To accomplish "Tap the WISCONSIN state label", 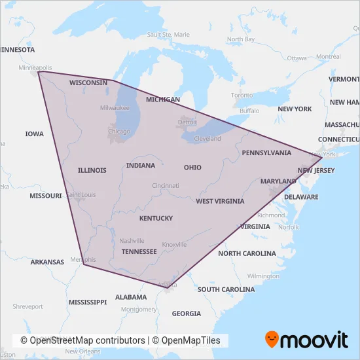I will [88, 83].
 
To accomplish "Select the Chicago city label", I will [119, 132].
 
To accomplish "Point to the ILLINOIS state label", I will [92, 170].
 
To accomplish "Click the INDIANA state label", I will [141, 166].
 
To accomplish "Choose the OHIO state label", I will [192, 168].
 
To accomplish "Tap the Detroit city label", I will [187, 122].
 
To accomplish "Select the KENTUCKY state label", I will [156, 218].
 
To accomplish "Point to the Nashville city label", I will [132, 240].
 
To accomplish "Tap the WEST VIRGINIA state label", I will [220, 202].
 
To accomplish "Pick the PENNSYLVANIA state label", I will [266, 153].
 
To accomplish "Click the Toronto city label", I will [242, 96].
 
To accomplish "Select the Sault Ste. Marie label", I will [168, 34].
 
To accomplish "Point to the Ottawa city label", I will [297, 58].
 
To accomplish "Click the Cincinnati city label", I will [165, 186].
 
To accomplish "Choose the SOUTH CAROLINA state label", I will [226, 289].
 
